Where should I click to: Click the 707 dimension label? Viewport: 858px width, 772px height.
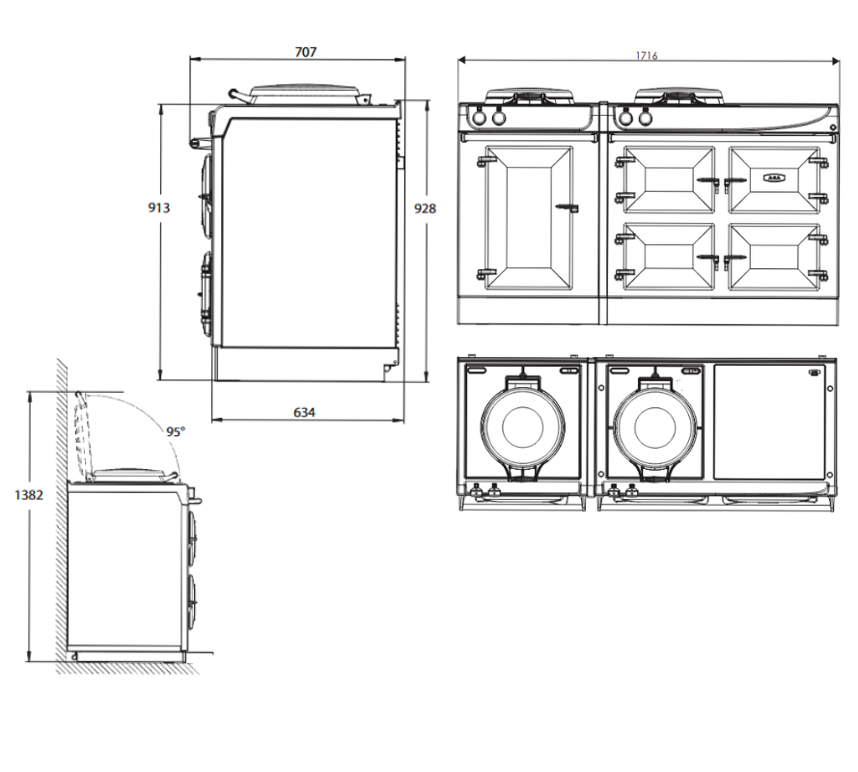[x=304, y=51]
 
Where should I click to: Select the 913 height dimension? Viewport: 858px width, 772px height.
[x=158, y=207]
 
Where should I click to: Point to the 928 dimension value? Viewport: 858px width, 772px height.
[x=425, y=208]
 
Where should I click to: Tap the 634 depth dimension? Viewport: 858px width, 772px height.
[x=304, y=412]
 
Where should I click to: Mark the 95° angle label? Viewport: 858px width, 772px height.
[x=175, y=432]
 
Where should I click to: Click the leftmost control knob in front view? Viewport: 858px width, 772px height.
[x=479, y=118]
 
